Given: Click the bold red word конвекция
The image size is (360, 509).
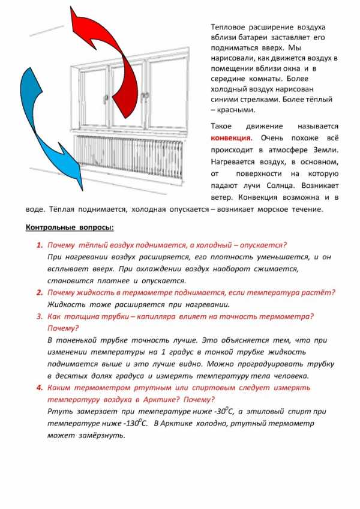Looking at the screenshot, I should (x=231, y=137).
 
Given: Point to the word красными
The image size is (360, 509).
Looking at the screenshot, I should (x=239, y=110).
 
